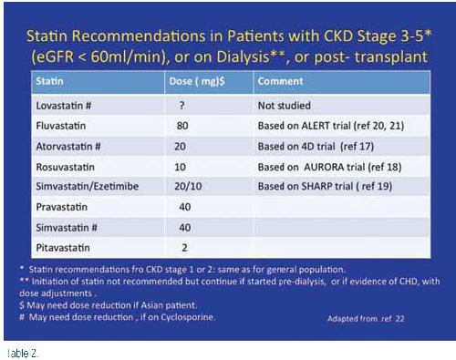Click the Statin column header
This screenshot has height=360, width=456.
49,81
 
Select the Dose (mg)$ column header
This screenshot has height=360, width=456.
197,81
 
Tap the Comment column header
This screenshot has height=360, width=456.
280,81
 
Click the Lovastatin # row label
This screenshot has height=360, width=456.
64,106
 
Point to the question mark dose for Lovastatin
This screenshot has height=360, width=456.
181,106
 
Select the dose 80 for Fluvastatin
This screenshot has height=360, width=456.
182,126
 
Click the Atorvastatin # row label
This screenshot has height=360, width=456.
68,147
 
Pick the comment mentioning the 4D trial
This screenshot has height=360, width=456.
316,147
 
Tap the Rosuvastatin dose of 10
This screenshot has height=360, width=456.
180,167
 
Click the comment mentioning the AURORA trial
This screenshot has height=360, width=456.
329,167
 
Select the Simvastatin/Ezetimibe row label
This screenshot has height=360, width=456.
88,186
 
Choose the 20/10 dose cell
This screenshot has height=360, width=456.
188,186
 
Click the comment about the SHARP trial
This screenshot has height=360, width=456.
325,186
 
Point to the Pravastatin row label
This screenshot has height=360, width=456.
62,207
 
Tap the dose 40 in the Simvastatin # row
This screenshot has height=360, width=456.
185,228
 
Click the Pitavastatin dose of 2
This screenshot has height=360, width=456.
184,248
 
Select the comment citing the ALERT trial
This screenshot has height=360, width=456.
331,126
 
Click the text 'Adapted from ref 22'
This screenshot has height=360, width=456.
366,319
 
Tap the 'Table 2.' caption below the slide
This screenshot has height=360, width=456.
22,354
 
